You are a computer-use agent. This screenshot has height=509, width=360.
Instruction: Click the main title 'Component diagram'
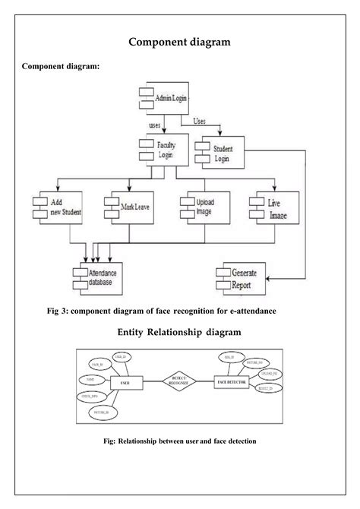click(179, 43)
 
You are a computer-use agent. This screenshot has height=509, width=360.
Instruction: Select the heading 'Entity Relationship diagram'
click(179, 332)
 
